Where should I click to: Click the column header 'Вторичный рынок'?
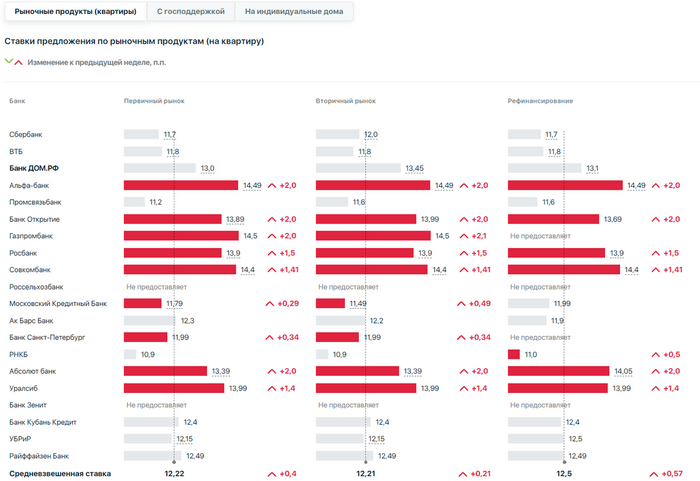pos(346,101)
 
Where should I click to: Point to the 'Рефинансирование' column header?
pos(540,101)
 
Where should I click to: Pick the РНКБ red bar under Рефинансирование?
pos(514,354)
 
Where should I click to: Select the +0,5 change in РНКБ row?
pos(666,354)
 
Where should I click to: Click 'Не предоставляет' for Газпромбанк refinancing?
pos(540,236)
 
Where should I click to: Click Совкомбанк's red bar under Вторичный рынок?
pos(372,270)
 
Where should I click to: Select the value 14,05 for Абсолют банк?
pos(624,371)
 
